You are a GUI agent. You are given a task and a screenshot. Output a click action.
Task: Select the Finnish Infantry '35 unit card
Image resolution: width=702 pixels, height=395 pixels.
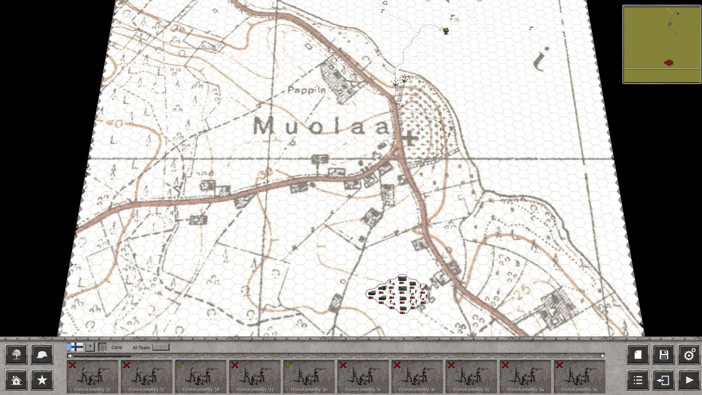(93, 377)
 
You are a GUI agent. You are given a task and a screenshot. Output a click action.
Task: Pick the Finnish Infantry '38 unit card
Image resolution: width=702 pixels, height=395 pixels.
(201, 377)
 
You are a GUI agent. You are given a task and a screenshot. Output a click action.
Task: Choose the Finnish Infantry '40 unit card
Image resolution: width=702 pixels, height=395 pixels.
(309, 377)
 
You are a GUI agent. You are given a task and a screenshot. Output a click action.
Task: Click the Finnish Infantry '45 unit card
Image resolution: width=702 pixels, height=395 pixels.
(580, 377)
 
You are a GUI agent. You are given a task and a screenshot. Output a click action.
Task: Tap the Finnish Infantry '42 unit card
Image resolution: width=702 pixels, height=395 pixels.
(417, 377)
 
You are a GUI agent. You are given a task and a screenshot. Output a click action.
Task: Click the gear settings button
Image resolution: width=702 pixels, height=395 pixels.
(689, 354)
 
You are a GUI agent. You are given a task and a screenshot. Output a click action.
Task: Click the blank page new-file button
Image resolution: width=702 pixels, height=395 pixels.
(638, 354)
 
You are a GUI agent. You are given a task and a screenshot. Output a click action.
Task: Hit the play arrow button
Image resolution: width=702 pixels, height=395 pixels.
(689, 380)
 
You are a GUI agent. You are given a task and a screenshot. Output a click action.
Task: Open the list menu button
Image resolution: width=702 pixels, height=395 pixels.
(638, 380)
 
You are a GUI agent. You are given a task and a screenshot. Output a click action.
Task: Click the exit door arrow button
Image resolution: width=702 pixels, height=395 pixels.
(664, 380)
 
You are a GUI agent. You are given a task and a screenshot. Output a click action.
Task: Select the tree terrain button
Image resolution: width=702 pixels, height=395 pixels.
(16, 354)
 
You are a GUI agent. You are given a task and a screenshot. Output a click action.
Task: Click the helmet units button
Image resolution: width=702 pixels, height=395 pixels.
(42, 354)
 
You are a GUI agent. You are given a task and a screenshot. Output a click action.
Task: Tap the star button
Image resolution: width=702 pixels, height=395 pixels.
(42, 380)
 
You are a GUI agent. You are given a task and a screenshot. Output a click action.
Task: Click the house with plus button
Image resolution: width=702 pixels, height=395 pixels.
(16, 380)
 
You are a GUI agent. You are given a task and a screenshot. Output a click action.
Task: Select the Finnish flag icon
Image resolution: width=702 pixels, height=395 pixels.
(75, 347)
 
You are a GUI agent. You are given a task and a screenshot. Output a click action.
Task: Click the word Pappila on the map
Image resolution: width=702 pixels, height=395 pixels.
(306, 90)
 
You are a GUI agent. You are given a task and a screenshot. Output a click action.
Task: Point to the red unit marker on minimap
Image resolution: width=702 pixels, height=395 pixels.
(668, 63)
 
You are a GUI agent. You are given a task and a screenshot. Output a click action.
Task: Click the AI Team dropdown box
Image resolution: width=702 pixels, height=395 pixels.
(161, 347)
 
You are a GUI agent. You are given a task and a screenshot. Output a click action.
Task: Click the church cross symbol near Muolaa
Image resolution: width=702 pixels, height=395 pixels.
(409, 138)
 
